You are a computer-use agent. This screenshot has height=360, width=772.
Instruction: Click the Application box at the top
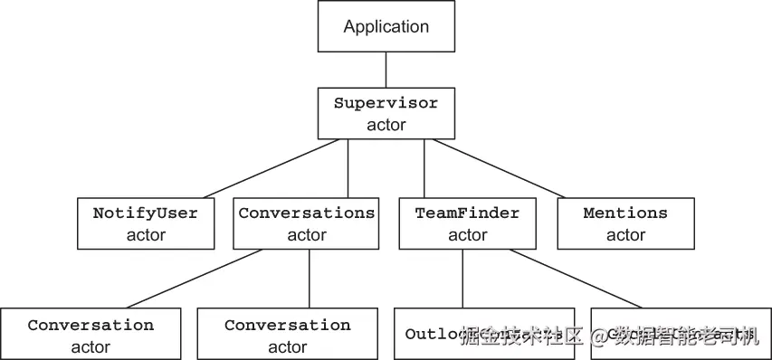coord(386,27)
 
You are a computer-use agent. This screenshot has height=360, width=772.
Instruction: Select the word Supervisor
coord(386,103)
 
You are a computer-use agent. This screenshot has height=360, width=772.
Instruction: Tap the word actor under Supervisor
coord(386,125)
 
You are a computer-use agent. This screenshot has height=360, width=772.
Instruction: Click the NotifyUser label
coord(146,213)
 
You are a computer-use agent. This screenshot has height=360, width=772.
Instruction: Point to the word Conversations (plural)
coord(307,213)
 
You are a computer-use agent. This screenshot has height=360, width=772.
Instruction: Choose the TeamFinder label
coord(467,213)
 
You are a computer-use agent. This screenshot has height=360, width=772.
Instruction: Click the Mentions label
coord(625,213)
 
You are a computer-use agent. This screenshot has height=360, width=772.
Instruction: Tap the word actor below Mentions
coord(625,235)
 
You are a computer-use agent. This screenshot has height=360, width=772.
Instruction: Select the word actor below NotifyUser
coord(146,235)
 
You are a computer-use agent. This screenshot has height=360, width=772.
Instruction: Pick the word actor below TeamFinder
coord(467,235)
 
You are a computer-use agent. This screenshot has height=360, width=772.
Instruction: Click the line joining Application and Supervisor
coord(386,69)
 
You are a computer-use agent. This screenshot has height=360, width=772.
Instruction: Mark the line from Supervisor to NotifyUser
coord(272,168)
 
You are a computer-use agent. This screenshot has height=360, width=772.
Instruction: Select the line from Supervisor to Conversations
coord(348,168)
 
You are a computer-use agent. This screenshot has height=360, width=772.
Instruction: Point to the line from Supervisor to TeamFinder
coord(424,168)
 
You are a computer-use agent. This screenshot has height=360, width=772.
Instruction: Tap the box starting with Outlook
coord(484,334)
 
